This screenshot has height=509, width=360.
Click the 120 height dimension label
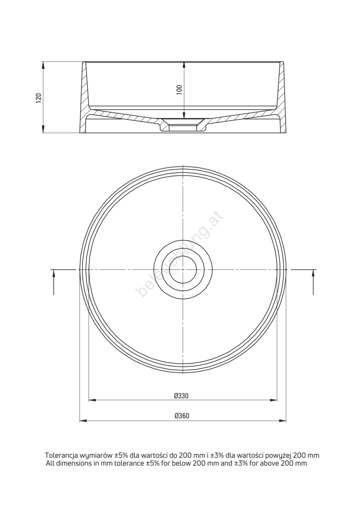pos(39,98)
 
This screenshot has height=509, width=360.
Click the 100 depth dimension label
pos(180,90)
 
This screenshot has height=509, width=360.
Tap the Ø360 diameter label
pos(182,416)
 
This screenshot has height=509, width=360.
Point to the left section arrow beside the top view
pos(54,282)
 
